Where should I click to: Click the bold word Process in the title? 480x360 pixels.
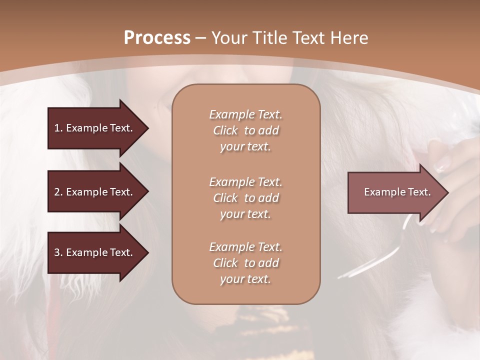click(157, 37)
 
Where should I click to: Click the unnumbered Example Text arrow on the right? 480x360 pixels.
click(395, 192)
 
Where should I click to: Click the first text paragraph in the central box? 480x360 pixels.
click(245, 130)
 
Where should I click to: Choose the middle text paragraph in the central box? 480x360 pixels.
click(245, 198)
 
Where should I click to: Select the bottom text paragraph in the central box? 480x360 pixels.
click(245, 263)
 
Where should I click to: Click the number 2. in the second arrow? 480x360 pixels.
click(58, 192)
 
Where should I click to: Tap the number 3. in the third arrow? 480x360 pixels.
click(58, 253)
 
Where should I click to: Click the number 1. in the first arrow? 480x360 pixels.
click(58, 128)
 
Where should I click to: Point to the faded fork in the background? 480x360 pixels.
click(380, 250)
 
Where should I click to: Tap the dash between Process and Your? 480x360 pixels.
click(200, 38)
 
